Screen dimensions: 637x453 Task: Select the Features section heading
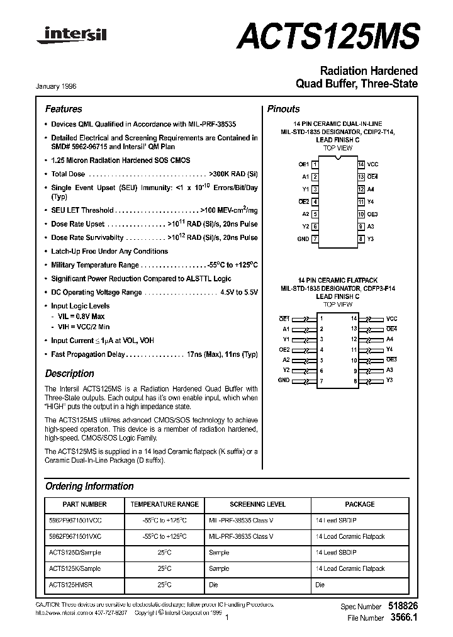click(64, 109)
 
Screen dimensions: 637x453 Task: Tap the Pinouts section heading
click(284, 109)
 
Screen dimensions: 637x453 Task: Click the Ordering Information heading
click(89, 486)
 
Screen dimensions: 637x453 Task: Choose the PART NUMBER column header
click(85, 504)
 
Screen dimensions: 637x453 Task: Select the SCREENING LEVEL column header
click(257, 504)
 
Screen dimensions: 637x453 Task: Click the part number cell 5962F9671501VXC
click(75, 536)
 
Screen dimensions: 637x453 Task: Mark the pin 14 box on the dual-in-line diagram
click(361, 164)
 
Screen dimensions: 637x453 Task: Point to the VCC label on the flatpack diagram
click(392, 318)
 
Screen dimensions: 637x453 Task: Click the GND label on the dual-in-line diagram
click(303, 239)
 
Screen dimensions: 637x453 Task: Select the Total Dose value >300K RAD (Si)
click(233, 174)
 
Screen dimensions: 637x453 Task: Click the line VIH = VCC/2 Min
click(84, 327)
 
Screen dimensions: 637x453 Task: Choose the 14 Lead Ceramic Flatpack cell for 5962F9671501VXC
click(350, 536)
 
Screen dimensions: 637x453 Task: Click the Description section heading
click(70, 373)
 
